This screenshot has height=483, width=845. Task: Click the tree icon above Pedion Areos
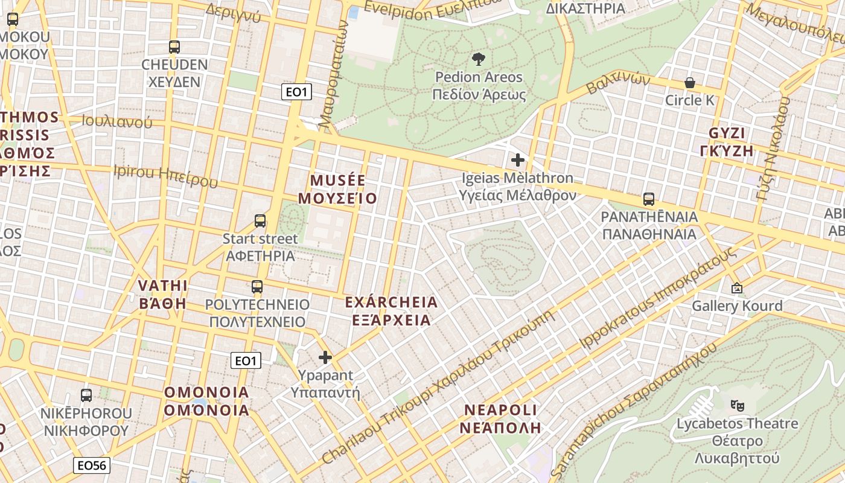click(479, 59)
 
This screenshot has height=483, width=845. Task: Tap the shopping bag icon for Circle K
click(689, 83)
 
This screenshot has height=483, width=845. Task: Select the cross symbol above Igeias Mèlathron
click(517, 160)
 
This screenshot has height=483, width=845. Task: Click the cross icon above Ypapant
click(325, 357)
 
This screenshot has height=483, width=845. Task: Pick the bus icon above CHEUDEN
click(174, 46)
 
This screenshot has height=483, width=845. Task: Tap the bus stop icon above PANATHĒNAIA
click(649, 199)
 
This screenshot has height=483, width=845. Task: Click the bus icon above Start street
click(260, 221)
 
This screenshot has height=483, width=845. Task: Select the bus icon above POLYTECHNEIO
click(257, 287)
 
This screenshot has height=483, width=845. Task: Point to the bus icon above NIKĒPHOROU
click(86, 395)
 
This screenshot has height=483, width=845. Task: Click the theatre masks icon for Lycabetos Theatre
click(736, 405)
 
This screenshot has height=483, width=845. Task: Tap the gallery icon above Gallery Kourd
click(736, 288)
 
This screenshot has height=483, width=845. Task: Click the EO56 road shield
click(92, 465)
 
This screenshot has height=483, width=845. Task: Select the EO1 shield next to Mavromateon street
click(296, 92)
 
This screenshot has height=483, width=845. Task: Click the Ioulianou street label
click(117, 121)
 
